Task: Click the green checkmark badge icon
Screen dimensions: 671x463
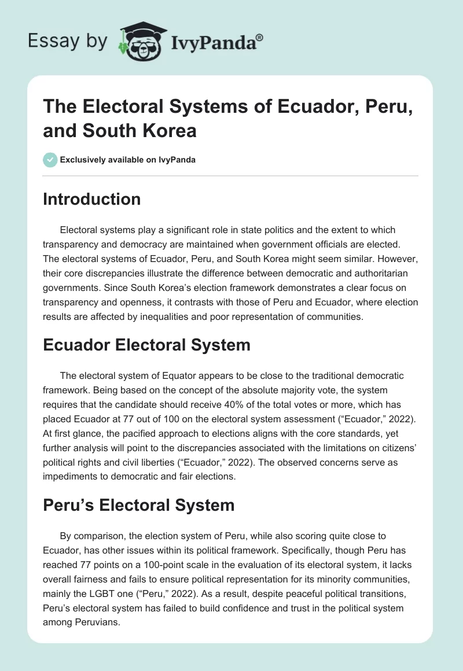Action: click(x=50, y=160)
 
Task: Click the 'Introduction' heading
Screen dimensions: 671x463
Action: click(x=92, y=199)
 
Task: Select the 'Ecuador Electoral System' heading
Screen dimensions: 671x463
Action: click(x=146, y=345)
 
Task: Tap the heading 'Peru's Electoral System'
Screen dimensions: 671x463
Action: click(x=138, y=504)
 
